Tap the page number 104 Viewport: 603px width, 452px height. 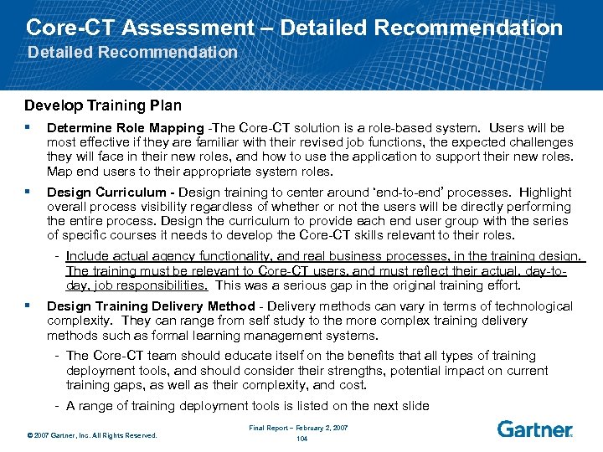tap(301, 438)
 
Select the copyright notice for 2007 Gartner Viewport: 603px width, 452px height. tap(91, 435)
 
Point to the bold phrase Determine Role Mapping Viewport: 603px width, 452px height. tap(125, 128)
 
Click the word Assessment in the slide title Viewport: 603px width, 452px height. tap(186, 27)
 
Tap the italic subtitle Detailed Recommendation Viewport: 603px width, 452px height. tap(132, 52)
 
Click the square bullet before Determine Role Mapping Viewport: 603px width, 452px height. tap(28, 128)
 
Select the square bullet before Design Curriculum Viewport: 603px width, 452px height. tap(28, 192)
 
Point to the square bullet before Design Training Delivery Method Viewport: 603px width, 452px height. tap(28, 306)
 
